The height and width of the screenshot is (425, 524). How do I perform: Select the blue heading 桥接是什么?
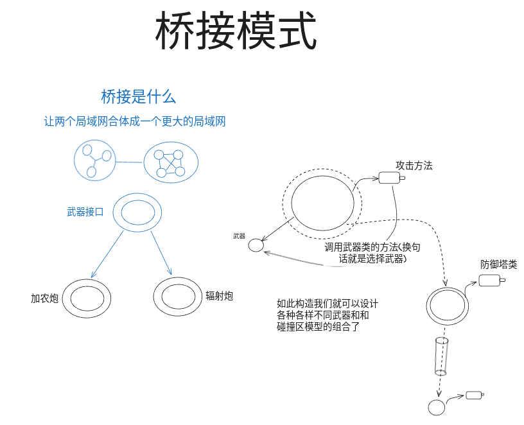(x=138, y=97)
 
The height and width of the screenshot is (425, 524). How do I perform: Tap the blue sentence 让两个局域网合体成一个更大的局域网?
(x=135, y=121)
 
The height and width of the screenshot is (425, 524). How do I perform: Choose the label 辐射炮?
(x=219, y=296)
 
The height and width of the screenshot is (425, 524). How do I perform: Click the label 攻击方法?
(x=414, y=166)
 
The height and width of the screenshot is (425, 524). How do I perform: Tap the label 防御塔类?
(x=499, y=265)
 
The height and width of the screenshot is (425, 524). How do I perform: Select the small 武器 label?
(x=239, y=236)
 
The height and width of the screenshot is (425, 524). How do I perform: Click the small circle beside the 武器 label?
(x=256, y=245)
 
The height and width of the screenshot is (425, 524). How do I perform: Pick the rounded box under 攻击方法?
(x=387, y=178)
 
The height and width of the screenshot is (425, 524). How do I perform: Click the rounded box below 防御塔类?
(x=490, y=281)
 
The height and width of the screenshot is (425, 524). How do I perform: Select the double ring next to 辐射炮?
(x=178, y=297)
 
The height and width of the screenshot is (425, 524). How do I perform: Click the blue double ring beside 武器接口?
(x=138, y=212)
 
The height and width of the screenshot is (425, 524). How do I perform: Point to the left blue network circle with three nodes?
(x=94, y=160)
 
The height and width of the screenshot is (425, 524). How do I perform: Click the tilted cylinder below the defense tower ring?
(x=441, y=356)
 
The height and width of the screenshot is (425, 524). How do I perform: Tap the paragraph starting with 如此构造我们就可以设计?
(x=327, y=315)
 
